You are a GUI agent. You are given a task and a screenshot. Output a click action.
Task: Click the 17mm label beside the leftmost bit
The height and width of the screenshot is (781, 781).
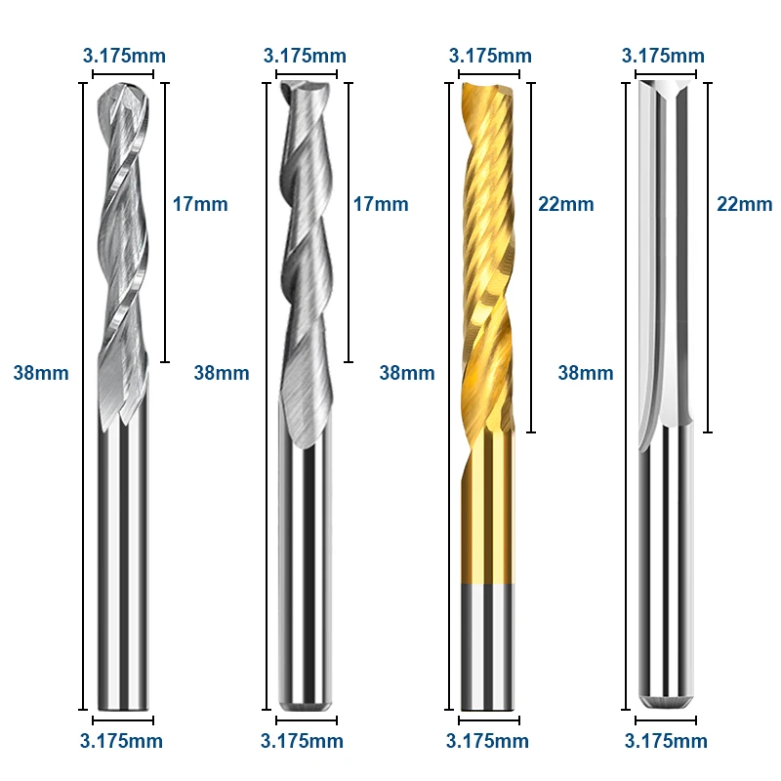pos(200,204)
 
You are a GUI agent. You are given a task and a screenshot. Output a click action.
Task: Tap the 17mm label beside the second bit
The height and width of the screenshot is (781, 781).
pos(381,204)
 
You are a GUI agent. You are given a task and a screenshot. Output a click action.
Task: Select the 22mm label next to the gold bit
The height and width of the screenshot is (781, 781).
pos(566,204)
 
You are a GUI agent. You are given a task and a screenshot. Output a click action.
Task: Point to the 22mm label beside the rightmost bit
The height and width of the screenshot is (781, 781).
pos(745,204)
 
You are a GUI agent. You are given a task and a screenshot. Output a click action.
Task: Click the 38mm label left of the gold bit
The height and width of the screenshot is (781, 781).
pos(407,373)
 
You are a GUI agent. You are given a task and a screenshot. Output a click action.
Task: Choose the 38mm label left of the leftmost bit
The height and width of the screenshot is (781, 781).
pos(41,373)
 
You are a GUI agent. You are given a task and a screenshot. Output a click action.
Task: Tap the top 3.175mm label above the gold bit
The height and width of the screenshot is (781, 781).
pos(490,56)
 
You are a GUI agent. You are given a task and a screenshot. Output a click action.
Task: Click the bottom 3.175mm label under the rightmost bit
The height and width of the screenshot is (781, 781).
pos(666,741)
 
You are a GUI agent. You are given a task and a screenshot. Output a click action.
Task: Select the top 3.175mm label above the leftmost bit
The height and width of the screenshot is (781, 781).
pos(124,56)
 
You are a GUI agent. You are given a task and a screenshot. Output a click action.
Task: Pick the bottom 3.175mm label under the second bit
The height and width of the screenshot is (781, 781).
pos(302,741)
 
